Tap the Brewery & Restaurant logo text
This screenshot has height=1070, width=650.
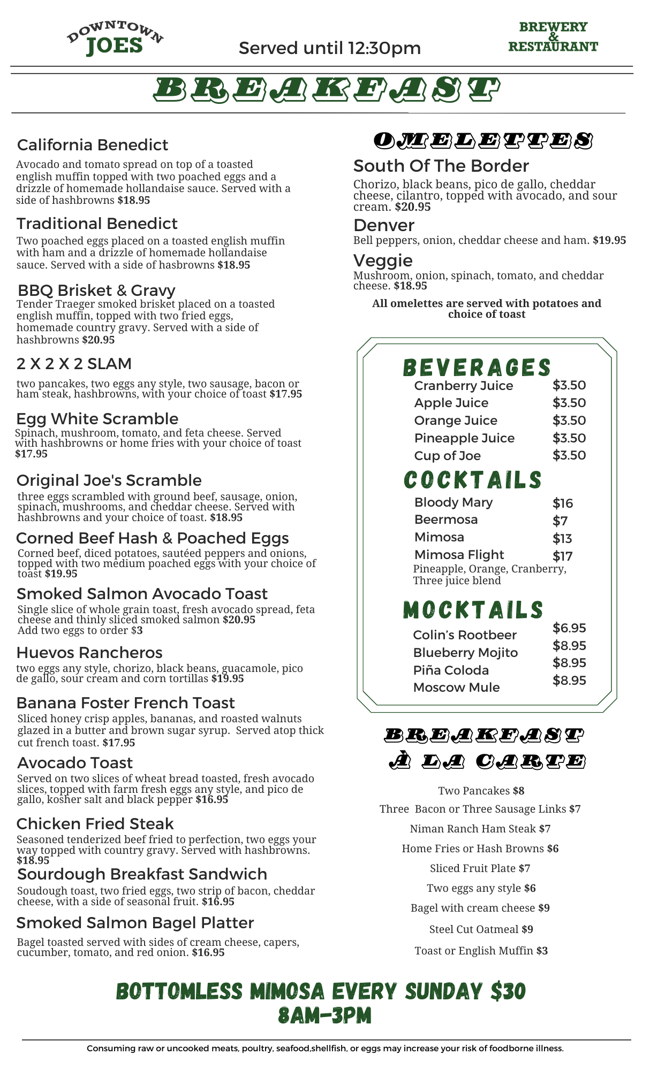point(553,37)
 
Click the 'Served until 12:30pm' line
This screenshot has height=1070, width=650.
point(329,48)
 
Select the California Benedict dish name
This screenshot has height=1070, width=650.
point(93,145)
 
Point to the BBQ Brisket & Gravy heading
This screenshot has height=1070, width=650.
point(96,290)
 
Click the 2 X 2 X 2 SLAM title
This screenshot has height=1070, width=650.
point(74,364)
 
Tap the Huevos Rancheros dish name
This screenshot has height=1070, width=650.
point(89,652)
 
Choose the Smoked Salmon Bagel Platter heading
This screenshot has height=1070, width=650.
point(135,922)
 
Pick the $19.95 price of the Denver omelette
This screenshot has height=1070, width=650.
point(609,240)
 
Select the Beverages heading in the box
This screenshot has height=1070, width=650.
point(477,368)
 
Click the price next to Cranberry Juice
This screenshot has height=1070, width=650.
point(569,385)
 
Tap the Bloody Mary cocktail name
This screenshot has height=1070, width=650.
point(454,502)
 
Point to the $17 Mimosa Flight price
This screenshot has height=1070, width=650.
point(563,556)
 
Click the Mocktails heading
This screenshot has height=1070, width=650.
point(473,610)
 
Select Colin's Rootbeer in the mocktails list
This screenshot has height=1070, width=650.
point(465,635)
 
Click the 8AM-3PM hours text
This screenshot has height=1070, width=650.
point(324,1015)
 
